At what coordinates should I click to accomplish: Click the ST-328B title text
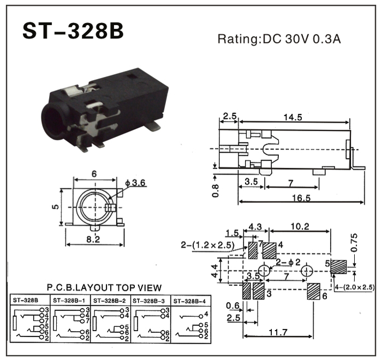pos(73,32)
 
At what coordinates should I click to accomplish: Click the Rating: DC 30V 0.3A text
pos(279,39)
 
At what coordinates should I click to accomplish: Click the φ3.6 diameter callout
pos(135,183)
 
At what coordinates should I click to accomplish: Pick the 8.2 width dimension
pos(93,238)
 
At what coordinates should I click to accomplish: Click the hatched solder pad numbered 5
pos(338,267)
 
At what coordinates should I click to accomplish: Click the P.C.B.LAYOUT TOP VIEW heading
pos(104,287)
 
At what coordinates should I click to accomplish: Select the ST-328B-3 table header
pos(150,300)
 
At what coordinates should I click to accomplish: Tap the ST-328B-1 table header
pos(70,300)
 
